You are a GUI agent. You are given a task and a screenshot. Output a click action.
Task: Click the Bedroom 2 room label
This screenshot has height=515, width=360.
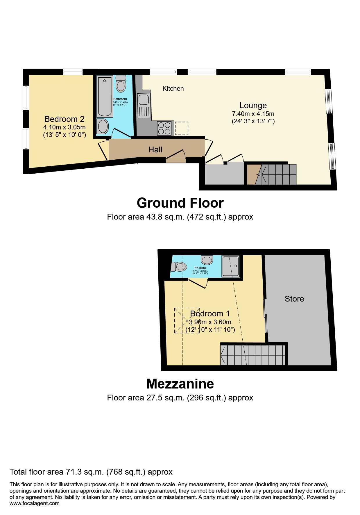(x=64, y=119)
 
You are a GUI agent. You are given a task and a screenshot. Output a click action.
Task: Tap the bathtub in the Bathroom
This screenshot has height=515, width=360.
(x=105, y=96)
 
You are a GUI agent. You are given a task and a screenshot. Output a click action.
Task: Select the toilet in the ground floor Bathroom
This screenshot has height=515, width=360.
(x=121, y=84)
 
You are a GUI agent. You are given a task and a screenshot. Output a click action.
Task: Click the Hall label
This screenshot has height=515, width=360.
(x=155, y=150)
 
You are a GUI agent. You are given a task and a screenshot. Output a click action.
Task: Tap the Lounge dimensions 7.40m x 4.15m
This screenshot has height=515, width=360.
(x=253, y=114)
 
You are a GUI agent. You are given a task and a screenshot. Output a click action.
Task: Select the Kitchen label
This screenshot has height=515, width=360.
(x=173, y=88)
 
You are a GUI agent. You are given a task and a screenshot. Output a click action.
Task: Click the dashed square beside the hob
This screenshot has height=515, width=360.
(x=181, y=128)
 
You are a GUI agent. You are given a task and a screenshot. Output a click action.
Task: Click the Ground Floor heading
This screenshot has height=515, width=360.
(x=180, y=203)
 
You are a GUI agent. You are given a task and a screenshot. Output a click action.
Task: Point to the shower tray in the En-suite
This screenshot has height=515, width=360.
(x=231, y=266)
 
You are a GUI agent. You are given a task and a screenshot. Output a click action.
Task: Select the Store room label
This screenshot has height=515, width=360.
(x=294, y=299)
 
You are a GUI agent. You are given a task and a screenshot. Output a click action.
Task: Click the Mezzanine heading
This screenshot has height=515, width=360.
(x=180, y=384)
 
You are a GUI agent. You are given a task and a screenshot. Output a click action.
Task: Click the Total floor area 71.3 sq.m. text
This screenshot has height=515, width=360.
(x=91, y=472)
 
